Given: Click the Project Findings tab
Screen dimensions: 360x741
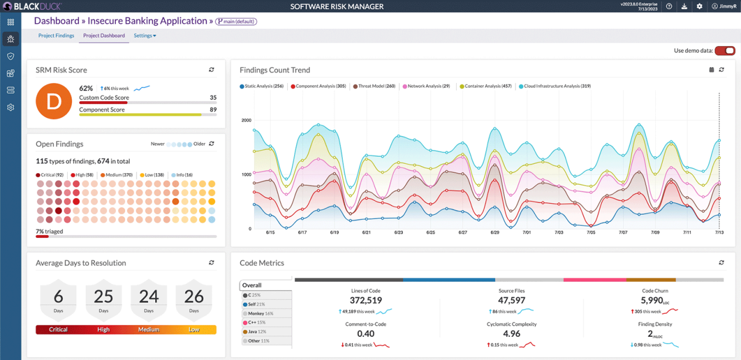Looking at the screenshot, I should (56, 36).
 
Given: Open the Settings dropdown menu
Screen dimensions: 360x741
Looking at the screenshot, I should (145, 36).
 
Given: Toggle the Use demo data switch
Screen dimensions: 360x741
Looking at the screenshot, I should (724, 51).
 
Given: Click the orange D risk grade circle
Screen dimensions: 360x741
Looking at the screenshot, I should (53, 101).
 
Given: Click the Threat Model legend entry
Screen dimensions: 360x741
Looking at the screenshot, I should (374, 86).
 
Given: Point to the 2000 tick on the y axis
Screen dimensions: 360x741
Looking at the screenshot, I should (246, 120).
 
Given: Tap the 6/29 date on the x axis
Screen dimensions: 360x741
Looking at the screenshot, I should (494, 232).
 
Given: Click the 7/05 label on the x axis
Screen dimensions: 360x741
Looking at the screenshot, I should (590, 232).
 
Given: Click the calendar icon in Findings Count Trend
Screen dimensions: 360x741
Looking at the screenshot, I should (711, 70).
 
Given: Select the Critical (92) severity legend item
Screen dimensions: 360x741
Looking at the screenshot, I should (51, 175).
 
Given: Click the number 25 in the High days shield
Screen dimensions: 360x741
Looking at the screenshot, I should (104, 297).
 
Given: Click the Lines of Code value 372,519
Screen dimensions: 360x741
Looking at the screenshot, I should (366, 300).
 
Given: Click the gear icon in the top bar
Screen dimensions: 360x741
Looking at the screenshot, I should (699, 6).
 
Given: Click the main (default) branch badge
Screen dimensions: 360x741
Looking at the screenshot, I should (236, 21).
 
